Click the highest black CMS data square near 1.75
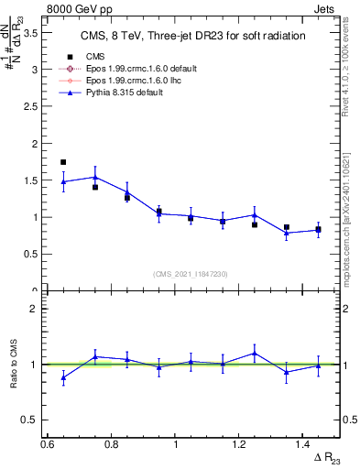[63, 162]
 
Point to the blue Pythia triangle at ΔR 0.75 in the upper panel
[95, 177]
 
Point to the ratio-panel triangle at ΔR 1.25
[255, 353]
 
